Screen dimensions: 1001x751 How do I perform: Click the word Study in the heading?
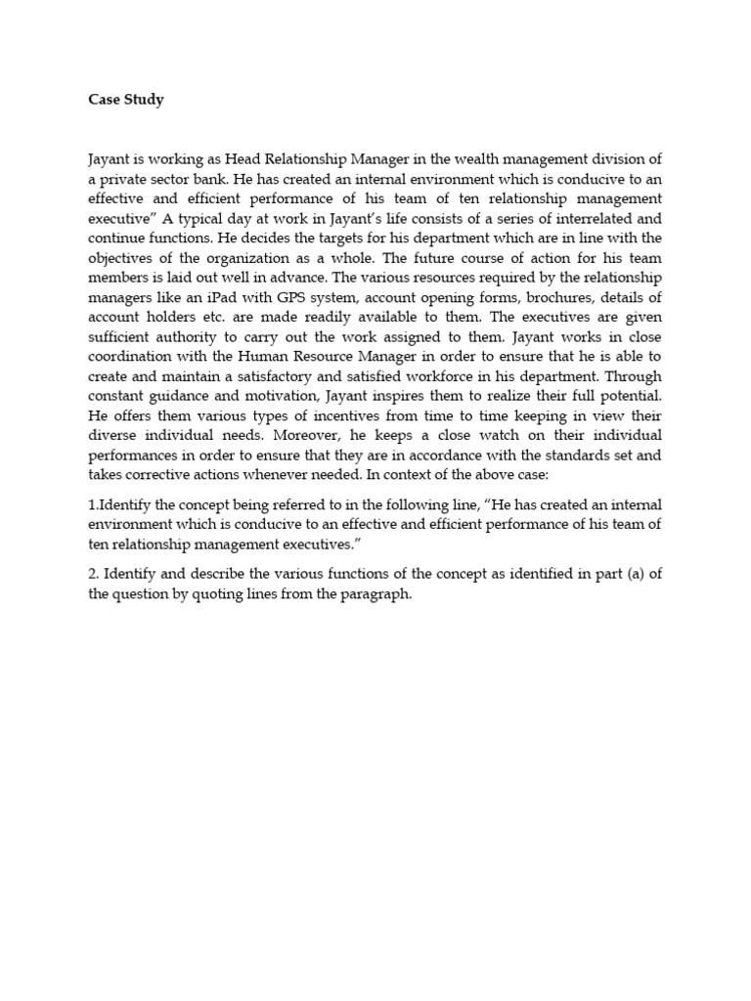click(x=143, y=100)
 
